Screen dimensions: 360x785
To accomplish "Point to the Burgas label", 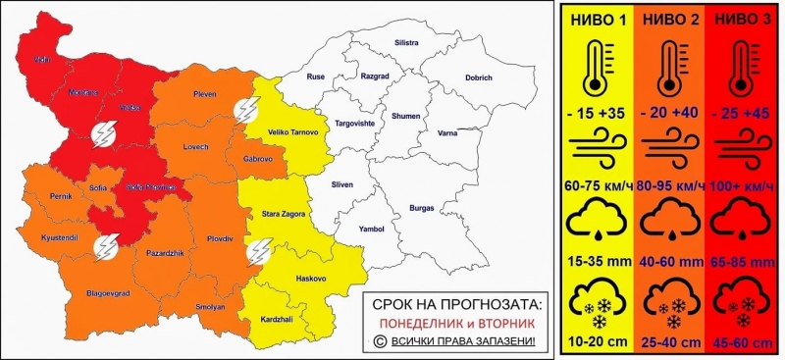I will click(x=423, y=209).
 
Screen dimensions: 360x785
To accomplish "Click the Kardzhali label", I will click(x=281, y=322).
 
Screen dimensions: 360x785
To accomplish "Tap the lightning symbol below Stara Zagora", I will click(x=260, y=251).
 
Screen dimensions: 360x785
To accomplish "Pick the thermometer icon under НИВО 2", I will click(x=670, y=67).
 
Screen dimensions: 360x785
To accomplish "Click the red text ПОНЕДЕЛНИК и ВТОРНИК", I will click(x=452, y=322).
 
